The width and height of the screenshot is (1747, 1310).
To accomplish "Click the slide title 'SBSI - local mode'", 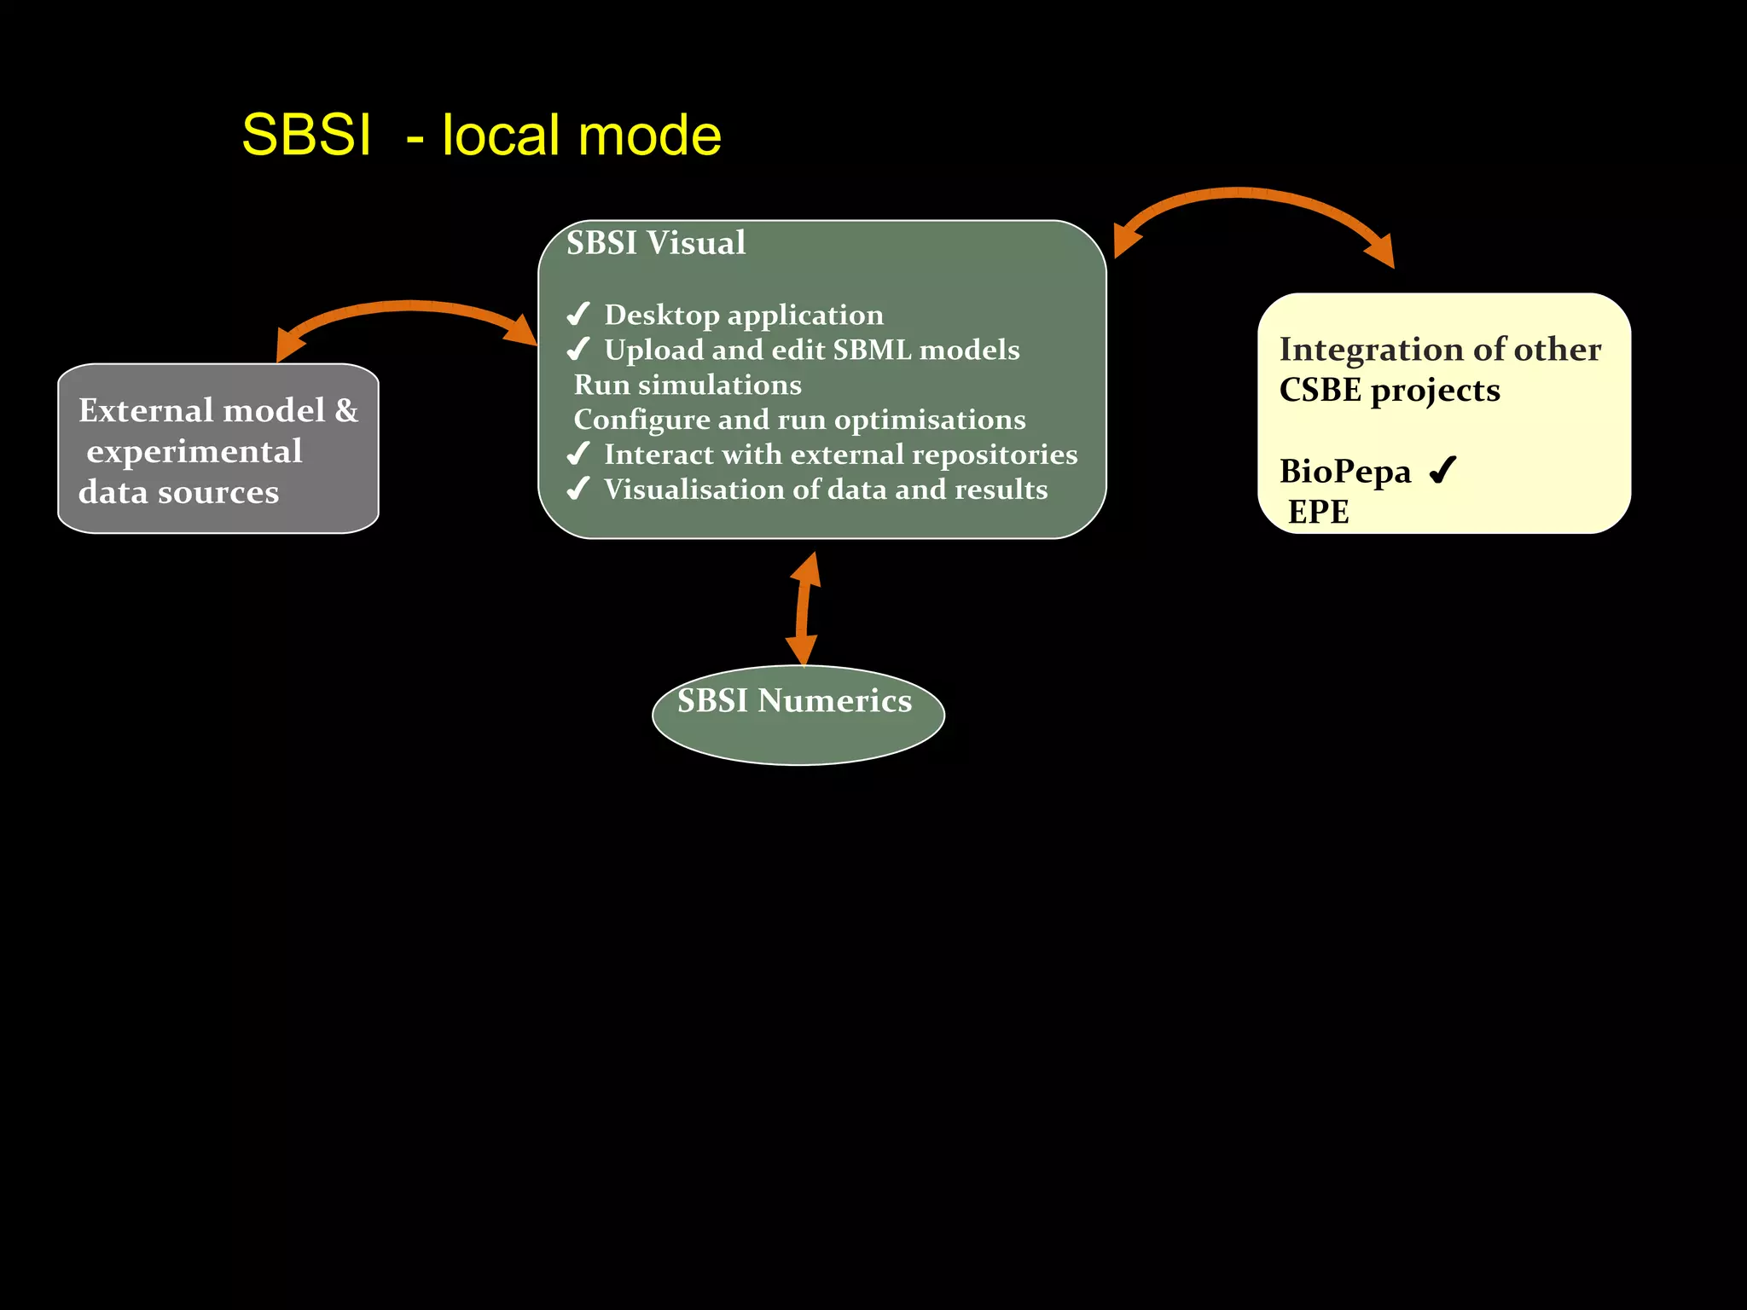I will click(481, 136).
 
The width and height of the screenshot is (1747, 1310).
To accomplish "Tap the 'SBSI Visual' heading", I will click(655, 243).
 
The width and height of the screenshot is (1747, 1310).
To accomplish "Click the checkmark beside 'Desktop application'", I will click(578, 314).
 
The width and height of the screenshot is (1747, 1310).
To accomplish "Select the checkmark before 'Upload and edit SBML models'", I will click(578, 349).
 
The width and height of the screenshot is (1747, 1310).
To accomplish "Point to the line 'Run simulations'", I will click(688, 385).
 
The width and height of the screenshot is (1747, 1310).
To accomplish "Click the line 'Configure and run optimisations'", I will click(799, 420).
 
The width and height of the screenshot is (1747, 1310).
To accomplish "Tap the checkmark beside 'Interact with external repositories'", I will click(578, 454).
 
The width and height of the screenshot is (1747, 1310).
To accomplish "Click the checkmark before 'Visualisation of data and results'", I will click(578, 489).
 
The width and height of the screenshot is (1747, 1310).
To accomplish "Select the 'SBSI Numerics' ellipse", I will click(798, 715).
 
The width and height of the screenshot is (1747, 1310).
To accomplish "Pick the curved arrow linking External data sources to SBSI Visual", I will click(408, 307).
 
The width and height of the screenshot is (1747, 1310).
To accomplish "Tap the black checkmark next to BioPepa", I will click(1442, 470).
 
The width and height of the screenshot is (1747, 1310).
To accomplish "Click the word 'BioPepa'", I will click(1344, 472).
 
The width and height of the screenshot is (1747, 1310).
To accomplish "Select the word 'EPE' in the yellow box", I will click(1318, 512).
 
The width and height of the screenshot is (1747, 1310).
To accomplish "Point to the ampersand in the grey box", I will click(346, 411).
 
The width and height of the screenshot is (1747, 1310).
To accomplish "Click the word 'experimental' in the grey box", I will click(194, 451).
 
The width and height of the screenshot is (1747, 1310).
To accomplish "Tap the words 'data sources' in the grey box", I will click(178, 492).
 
